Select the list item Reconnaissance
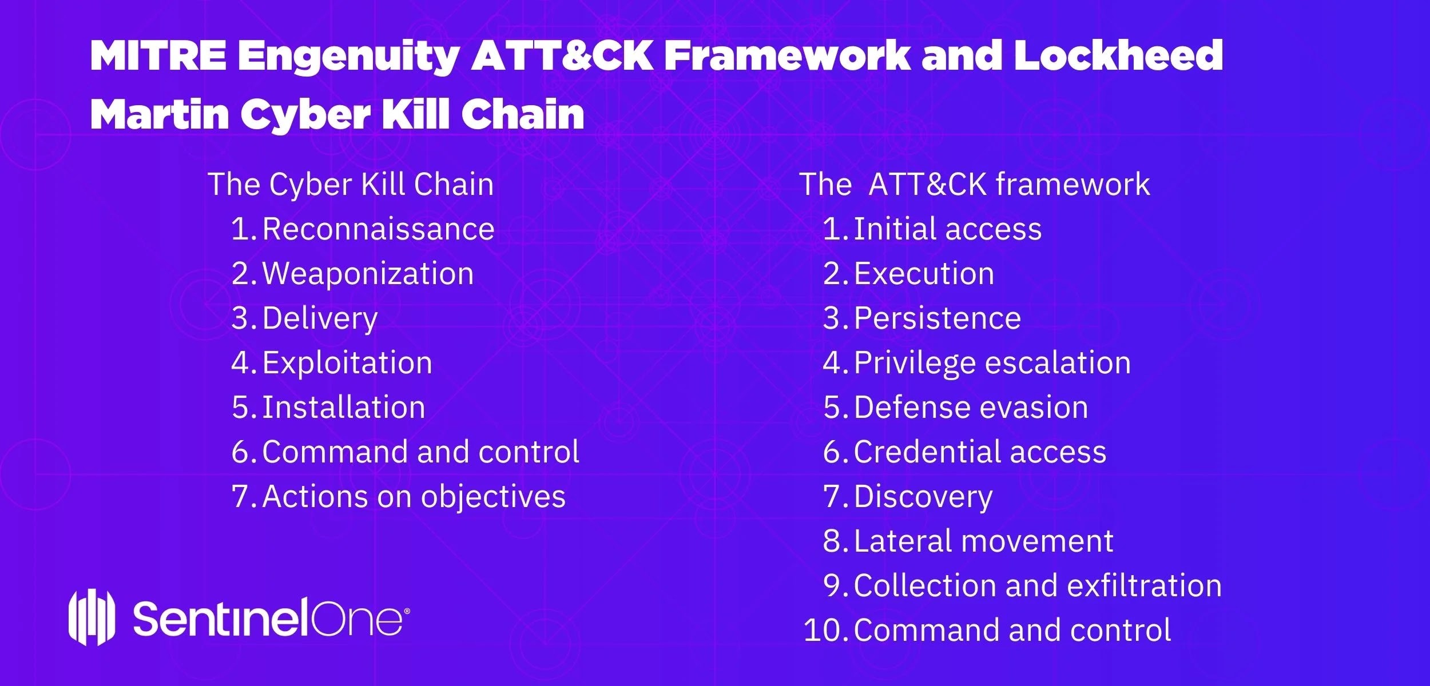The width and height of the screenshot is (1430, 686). [378, 229]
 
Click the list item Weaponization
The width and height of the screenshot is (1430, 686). [368, 274]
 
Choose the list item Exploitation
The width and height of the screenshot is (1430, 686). [347, 363]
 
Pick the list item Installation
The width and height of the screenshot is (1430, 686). [344, 407]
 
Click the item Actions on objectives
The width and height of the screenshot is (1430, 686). [414, 497]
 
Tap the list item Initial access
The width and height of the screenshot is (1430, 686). [947, 229]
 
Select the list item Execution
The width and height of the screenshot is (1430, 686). [924, 274]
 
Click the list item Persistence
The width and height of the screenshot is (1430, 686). [937, 318]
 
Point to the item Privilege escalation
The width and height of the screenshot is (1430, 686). [992, 363]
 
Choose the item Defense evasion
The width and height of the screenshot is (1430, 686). [971, 408]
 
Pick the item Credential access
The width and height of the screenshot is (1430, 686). [980, 452]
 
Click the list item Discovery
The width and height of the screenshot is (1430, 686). [923, 497]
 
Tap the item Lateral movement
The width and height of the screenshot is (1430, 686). [983, 541]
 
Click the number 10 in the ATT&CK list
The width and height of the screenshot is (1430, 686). [824, 631]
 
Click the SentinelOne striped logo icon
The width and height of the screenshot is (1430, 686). [92, 617]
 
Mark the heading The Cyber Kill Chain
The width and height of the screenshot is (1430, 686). [351, 185]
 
